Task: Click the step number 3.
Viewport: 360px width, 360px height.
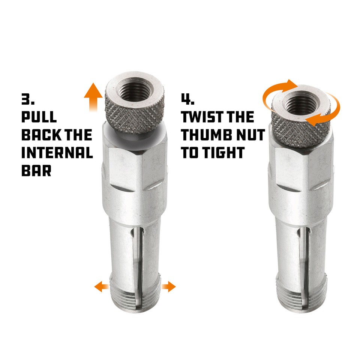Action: tap(27, 100)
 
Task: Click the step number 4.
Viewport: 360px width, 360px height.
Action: tap(187, 100)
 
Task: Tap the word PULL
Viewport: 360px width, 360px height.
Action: tap(39, 117)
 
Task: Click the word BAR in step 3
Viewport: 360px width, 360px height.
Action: tap(36, 170)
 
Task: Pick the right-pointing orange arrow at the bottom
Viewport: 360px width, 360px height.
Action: tap(168, 287)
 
